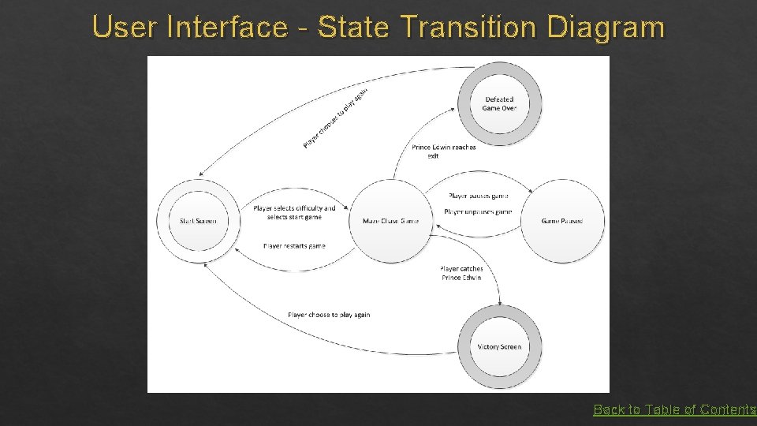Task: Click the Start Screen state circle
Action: coord(197,221)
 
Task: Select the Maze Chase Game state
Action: coord(391,221)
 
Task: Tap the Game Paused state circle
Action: coord(562,221)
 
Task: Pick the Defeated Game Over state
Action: coord(500,103)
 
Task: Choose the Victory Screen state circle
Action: coord(500,347)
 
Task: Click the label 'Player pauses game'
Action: coord(478,196)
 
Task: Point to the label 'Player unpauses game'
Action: coord(478,211)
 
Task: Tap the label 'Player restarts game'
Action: coord(294,246)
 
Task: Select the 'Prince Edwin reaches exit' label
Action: coord(443,151)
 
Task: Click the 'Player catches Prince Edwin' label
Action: coord(461,273)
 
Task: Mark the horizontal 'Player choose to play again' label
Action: coord(329,315)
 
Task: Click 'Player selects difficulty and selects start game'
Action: coord(294,212)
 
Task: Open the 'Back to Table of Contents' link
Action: coord(674,409)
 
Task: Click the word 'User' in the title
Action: coord(125,28)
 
